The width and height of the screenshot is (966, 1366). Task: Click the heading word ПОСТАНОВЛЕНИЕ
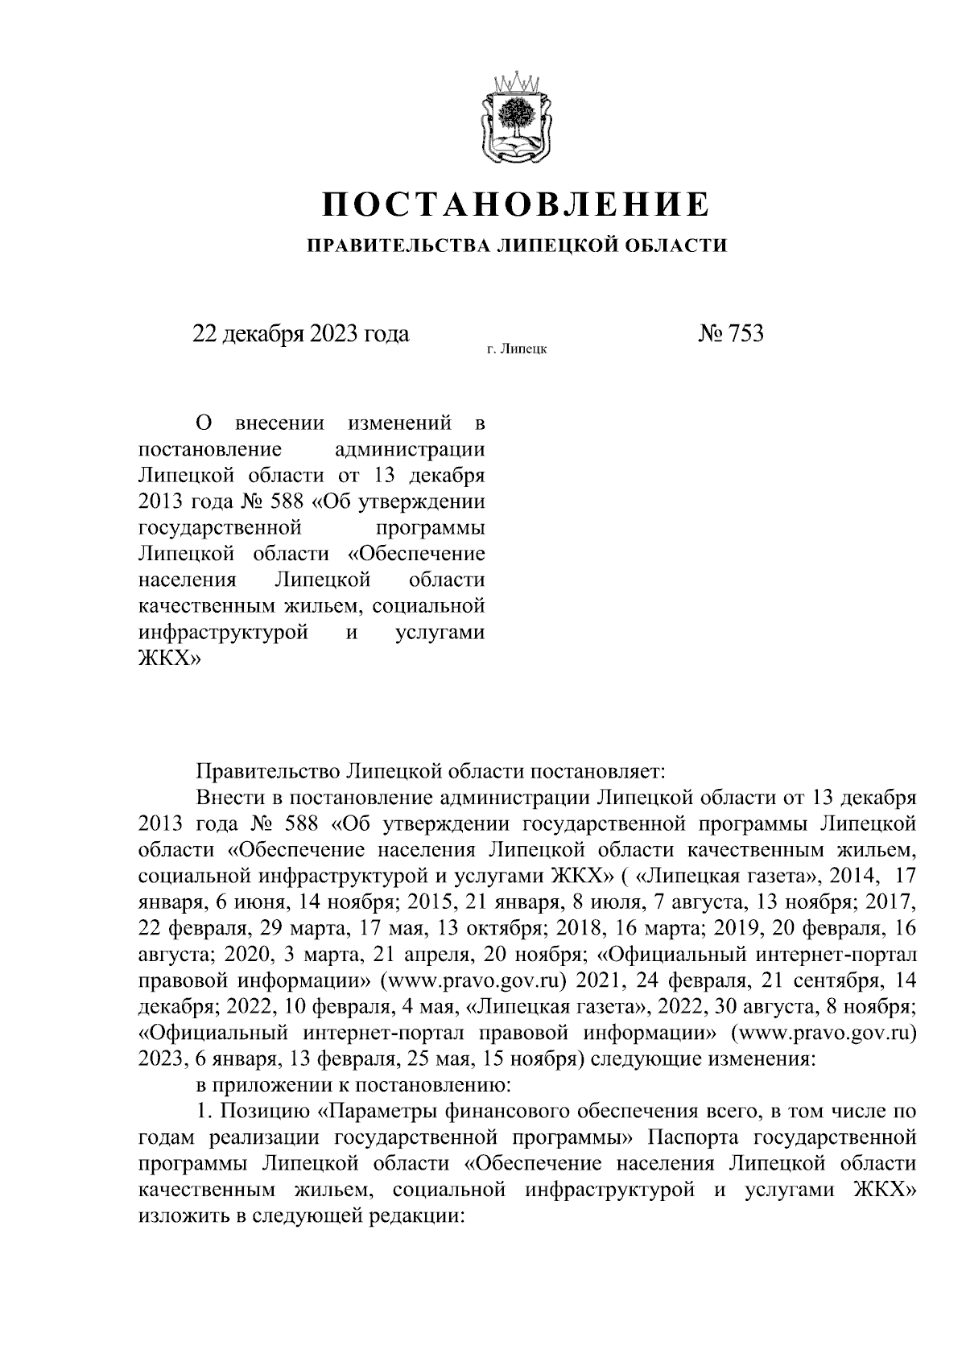tap(516, 204)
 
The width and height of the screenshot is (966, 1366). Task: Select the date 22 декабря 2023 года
tap(300, 333)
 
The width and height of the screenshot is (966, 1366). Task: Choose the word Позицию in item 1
tap(265, 1113)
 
